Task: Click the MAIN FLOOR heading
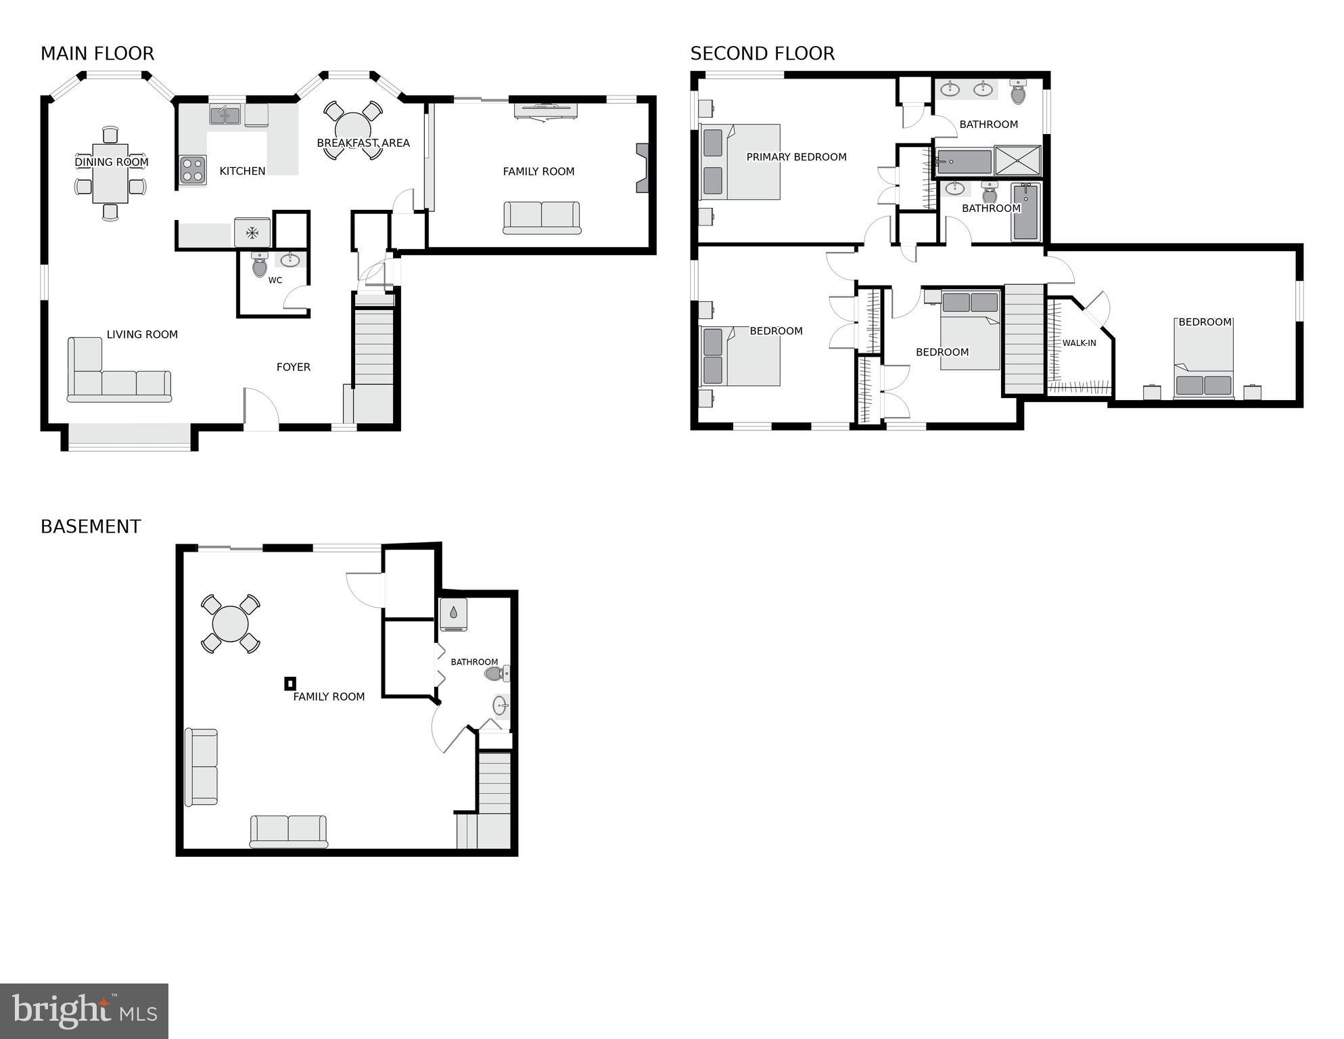point(97,53)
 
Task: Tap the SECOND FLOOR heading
point(762,53)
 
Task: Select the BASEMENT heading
point(91,527)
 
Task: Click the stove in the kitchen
point(193,170)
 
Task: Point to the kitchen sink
point(225,114)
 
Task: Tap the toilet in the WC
point(260,265)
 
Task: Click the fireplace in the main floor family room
point(642,168)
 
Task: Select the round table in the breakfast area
point(352,129)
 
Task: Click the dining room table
point(110,173)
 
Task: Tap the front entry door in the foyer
point(261,409)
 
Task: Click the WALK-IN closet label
point(1079,343)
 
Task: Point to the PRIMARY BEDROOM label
point(796,157)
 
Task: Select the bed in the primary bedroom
point(740,162)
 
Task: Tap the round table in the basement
point(231,623)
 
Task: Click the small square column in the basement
point(290,684)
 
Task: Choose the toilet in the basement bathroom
point(496,673)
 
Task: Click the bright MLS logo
point(84,1011)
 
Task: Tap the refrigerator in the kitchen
point(252,233)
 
